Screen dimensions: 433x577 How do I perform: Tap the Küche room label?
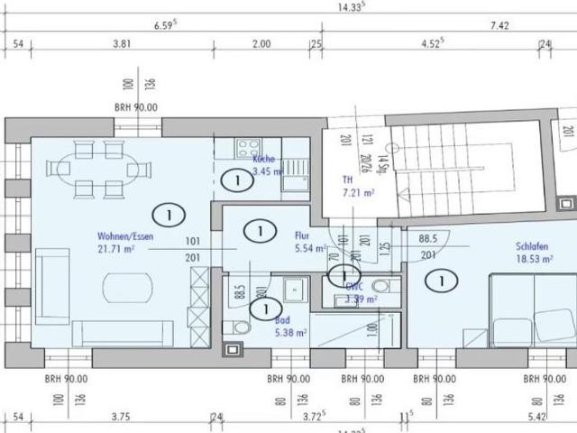(x=263, y=159)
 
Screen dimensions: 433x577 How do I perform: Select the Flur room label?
(x=302, y=236)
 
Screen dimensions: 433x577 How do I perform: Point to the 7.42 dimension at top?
(x=499, y=27)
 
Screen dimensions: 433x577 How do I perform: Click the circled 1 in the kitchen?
(x=237, y=181)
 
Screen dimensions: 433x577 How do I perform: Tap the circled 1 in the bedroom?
(x=443, y=281)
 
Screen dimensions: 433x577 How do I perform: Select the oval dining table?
(x=99, y=169)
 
